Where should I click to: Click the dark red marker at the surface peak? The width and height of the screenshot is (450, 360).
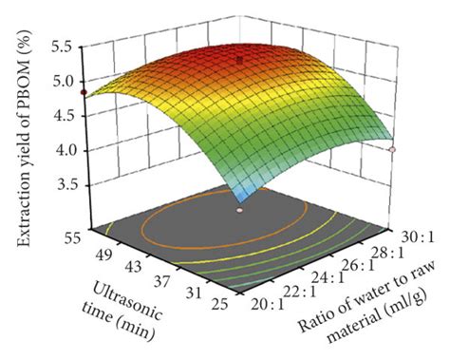pos(240,59)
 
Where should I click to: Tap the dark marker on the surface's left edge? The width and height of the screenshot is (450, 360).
pos(83,92)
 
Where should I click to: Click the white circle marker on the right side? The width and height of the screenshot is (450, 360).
pos(392,149)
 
